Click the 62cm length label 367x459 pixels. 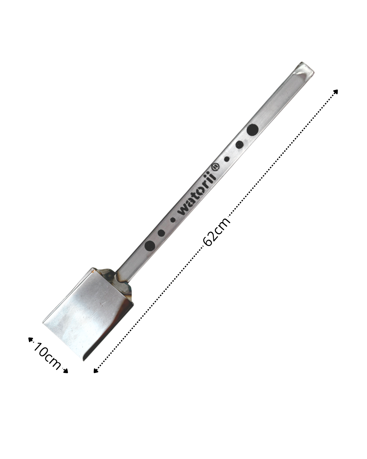point(216,232)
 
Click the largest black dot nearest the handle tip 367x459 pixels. point(253,129)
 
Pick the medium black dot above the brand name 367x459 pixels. point(240,144)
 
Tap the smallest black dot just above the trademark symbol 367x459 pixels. point(227,159)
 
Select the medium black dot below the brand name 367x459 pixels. point(161,233)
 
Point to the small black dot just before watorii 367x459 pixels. point(173,219)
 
